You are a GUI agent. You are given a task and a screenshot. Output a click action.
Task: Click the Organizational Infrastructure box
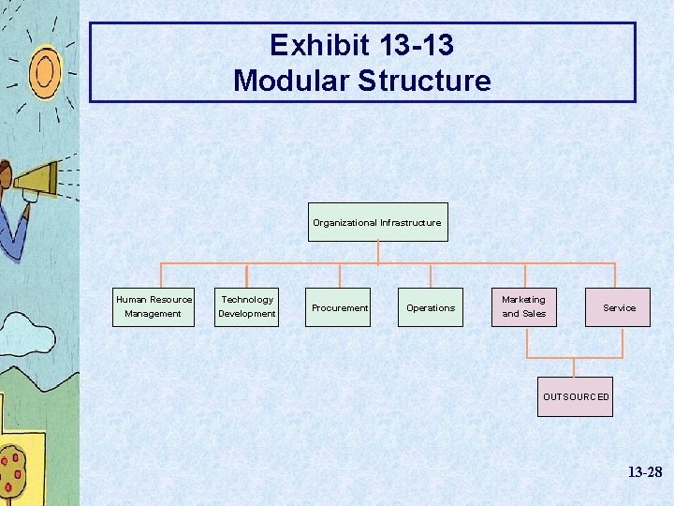378,222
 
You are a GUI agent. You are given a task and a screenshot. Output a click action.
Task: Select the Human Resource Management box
154,306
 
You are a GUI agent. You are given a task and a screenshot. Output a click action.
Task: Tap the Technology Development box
247,306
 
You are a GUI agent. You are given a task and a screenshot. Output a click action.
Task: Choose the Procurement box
340,307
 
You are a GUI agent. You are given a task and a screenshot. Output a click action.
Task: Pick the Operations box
431,307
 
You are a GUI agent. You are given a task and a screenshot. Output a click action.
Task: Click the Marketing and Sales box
524,306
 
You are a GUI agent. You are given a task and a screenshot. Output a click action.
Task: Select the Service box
619,307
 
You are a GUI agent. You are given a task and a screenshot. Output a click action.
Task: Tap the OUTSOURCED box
576,396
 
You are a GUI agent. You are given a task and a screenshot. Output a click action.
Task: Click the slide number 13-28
645,473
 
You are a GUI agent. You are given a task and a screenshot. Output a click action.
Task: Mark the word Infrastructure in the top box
410,223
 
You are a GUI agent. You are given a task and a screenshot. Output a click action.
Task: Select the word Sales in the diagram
534,314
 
